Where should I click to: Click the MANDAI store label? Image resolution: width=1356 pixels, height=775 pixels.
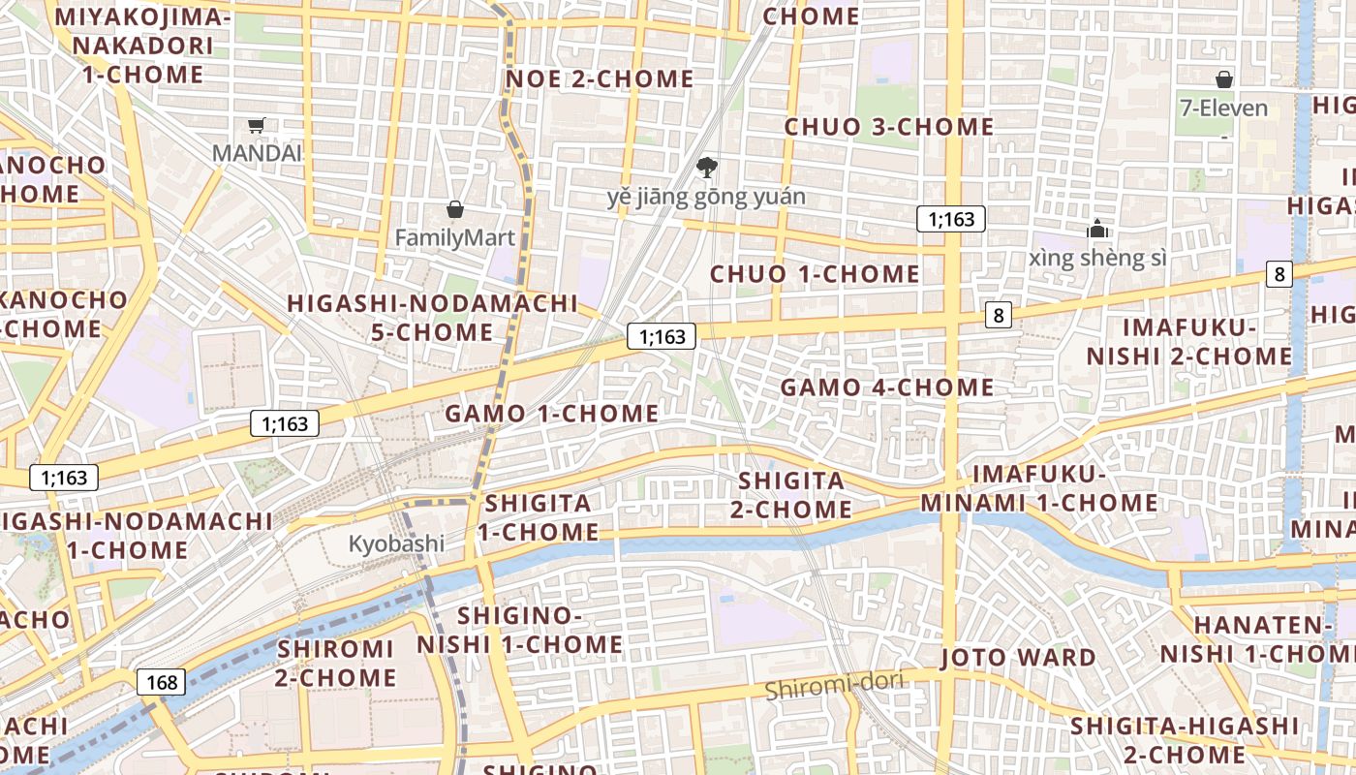coord(257,153)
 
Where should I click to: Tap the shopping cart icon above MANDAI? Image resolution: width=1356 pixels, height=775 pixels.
coord(257,125)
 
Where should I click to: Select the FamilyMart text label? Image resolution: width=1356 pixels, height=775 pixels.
coord(454,237)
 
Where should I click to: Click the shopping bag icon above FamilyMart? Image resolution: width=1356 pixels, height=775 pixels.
coord(454,209)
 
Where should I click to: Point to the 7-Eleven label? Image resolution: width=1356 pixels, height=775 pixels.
coord(1224,108)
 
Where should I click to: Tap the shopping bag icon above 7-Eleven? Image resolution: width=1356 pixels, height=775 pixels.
coord(1224,79)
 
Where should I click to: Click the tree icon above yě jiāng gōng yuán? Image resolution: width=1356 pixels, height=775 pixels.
coord(707,168)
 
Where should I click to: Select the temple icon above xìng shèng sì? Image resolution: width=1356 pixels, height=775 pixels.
coord(1097,230)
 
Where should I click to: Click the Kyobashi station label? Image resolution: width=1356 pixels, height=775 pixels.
coord(396,543)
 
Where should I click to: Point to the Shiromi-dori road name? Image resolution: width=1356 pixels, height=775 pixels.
coord(834,687)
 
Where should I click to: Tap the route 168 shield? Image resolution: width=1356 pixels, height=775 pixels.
coord(161,682)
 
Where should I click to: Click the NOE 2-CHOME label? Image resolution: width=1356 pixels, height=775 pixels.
coord(601,79)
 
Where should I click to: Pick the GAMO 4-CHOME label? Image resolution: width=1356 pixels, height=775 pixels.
coord(887,387)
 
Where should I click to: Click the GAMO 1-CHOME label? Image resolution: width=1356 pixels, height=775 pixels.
coord(552,414)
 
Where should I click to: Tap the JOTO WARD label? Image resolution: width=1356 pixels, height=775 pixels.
coord(1018,658)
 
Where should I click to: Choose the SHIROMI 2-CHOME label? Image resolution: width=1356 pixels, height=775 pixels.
coord(335,663)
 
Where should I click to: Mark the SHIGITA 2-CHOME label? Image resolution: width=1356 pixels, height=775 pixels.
coord(794,494)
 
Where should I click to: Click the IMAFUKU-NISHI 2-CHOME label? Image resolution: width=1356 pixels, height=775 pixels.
coord(1189,341)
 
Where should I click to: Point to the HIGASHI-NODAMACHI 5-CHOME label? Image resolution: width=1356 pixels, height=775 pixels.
coord(433,318)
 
